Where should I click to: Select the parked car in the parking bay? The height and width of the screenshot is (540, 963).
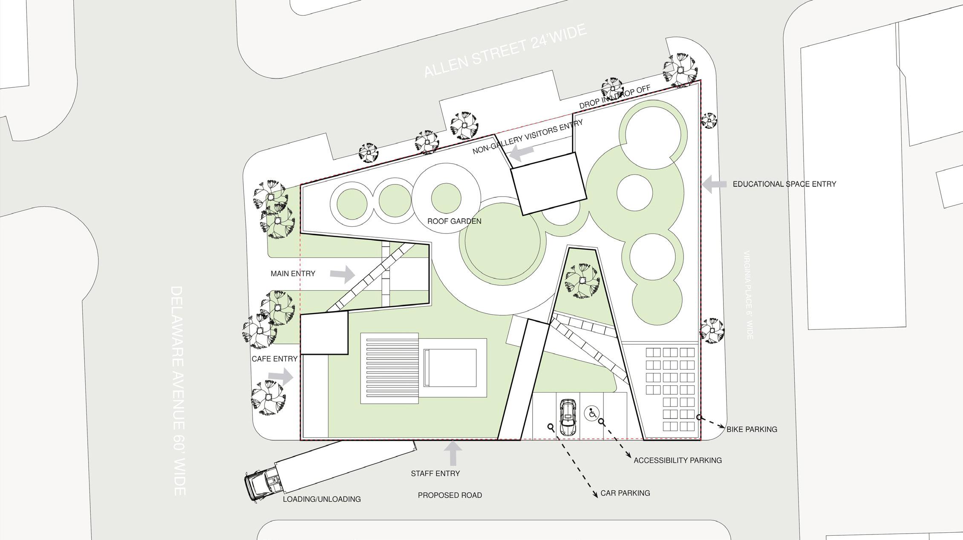[568, 417]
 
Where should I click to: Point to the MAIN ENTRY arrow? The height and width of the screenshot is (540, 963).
[343, 274]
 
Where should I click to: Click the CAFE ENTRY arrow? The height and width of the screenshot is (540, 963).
[281, 377]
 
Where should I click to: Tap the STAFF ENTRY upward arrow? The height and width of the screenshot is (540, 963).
[453, 453]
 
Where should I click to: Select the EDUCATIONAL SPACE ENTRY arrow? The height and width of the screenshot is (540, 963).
[714, 184]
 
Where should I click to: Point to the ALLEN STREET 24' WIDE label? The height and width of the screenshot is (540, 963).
[505, 51]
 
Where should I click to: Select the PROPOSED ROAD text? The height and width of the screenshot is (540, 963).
[450, 495]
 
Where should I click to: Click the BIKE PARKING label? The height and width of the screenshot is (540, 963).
[752, 430]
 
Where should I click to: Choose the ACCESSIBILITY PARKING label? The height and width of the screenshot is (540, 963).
[678, 460]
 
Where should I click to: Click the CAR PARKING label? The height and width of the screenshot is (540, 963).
[625, 493]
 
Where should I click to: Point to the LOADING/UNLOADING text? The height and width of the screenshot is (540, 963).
[322, 499]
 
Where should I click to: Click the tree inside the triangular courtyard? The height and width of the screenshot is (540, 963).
[582, 280]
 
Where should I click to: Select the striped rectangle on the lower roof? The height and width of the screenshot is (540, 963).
[389, 368]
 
